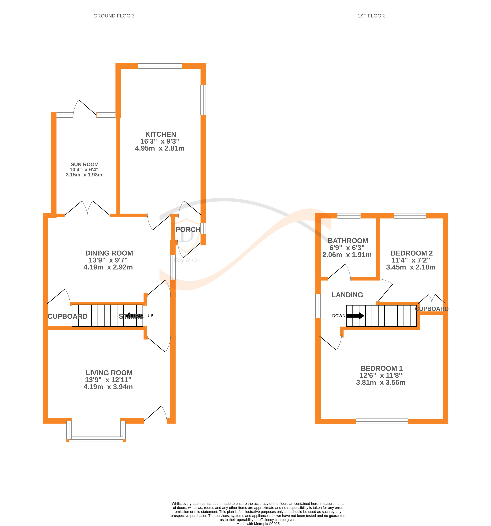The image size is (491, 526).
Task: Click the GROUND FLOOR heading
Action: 113,16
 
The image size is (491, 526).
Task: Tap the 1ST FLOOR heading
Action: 371,16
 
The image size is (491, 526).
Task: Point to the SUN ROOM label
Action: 84,164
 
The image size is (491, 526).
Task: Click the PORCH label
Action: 188,229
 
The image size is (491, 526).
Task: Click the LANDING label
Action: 347,295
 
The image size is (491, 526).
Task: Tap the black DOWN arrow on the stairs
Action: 355,316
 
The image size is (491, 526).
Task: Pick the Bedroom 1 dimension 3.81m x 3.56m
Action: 381,382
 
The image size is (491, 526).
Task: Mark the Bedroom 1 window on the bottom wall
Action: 382,421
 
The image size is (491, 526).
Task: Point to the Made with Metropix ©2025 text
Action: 258,524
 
